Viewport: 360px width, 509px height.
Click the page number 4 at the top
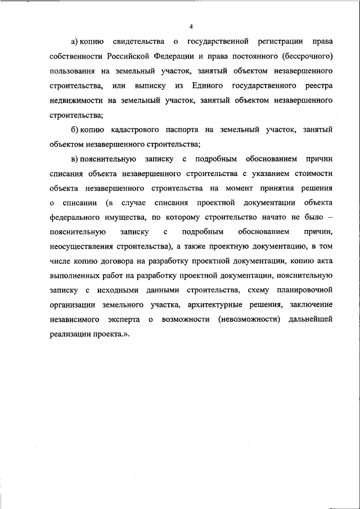click(x=191, y=26)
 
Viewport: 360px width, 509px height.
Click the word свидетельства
click(x=138, y=42)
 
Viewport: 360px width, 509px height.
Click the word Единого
click(x=208, y=86)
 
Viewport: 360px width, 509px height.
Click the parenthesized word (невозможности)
click(x=245, y=320)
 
